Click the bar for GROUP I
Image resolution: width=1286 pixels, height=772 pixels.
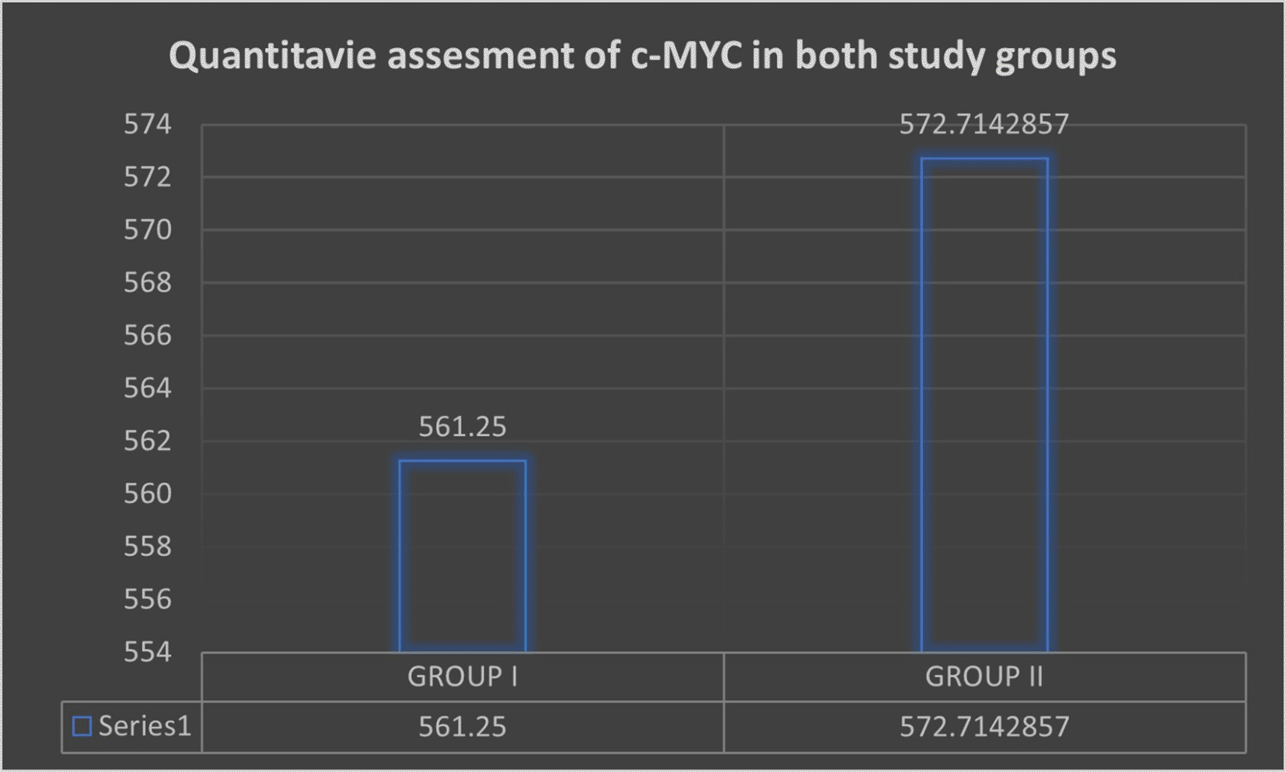tap(463, 556)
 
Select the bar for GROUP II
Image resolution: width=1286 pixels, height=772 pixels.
tap(984, 404)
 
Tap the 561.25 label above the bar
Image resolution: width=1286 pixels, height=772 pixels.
tap(463, 427)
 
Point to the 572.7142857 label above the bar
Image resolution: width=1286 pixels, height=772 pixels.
tap(984, 124)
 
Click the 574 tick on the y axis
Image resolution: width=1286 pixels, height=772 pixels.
tap(148, 124)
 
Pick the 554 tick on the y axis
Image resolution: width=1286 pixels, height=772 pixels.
tap(148, 651)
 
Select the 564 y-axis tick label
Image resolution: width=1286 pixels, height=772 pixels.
tap(148, 388)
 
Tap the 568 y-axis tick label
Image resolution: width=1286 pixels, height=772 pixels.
tap(148, 282)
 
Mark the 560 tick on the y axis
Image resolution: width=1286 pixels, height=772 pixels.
tap(148, 494)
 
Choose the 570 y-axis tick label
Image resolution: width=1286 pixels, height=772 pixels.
tap(148, 230)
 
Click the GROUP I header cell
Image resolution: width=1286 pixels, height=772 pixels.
tap(463, 677)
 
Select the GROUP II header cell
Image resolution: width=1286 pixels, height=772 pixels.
tap(984, 677)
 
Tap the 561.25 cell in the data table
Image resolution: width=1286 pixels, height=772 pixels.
tap(463, 727)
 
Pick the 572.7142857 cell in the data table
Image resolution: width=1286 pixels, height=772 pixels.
tap(984, 727)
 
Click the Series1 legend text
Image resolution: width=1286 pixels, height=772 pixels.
tap(145, 726)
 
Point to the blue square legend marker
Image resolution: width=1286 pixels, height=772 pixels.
tap(82, 726)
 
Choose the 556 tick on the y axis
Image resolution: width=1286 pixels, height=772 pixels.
tap(148, 599)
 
